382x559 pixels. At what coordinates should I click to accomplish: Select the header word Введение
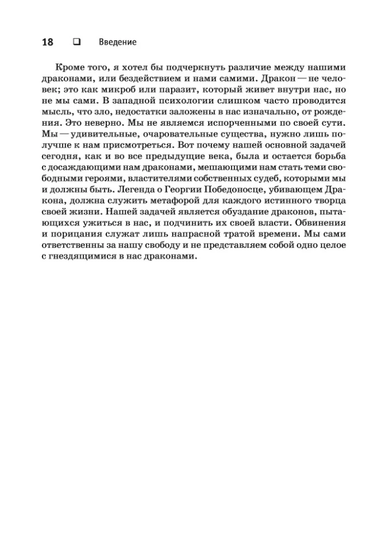point(117,42)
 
